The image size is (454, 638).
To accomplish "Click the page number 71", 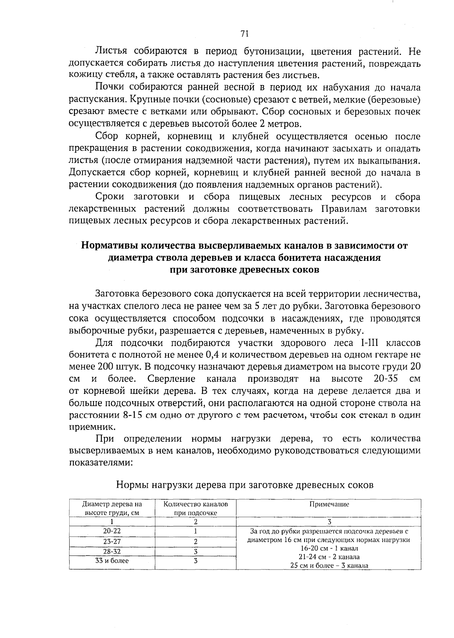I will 244,34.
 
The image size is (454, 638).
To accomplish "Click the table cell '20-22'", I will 112,531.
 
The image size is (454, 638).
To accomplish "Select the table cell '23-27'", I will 112,541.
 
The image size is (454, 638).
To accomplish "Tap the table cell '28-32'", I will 112,551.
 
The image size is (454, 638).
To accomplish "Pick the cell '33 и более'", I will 112,561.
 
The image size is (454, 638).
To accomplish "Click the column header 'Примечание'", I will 329,504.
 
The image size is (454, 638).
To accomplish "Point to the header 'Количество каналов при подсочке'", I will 196,509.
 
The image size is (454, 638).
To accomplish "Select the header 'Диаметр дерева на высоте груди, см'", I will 112,509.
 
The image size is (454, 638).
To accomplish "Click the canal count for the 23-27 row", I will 196,542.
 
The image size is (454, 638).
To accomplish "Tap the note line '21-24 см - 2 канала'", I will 329,557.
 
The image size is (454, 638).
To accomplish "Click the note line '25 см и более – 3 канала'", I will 329,566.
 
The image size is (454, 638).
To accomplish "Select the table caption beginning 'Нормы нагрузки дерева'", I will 244,485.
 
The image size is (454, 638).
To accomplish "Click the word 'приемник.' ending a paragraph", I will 91,426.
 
